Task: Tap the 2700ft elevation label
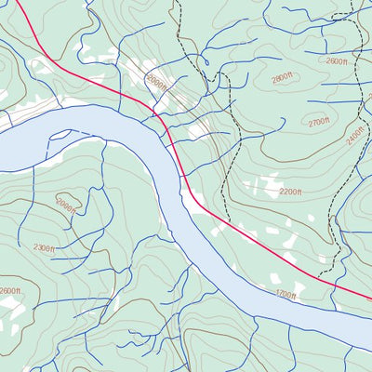point(318,121)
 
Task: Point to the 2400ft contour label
point(351,137)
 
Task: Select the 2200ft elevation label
point(291,192)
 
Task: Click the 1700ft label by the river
point(285,295)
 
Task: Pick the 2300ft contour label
point(45,247)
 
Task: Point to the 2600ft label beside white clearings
point(9,291)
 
